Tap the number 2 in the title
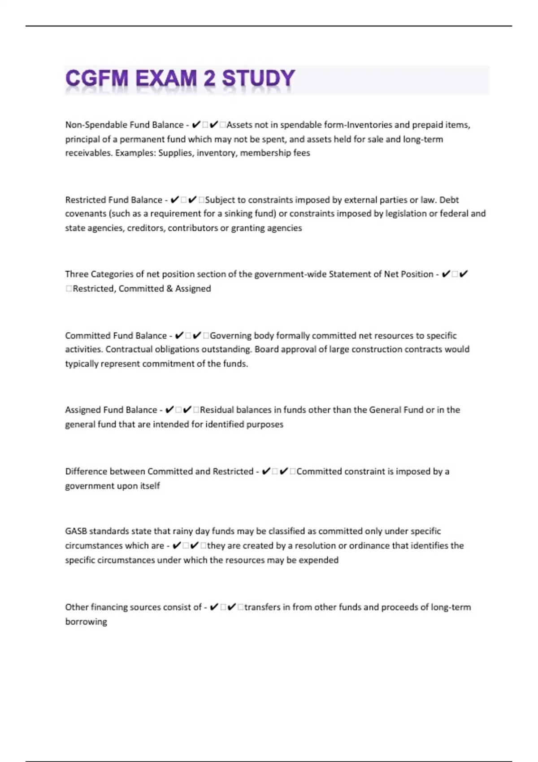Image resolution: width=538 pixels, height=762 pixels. point(209,79)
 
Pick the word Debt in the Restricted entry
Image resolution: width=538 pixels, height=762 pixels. point(449,200)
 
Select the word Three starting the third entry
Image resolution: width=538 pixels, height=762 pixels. point(77,274)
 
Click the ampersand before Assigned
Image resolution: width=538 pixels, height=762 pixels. point(169,289)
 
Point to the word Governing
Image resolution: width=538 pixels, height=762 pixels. point(230,336)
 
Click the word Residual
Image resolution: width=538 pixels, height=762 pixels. point(217,410)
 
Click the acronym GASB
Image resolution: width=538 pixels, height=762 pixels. point(76,532)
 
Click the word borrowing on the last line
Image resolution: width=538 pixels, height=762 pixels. point(86,622)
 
